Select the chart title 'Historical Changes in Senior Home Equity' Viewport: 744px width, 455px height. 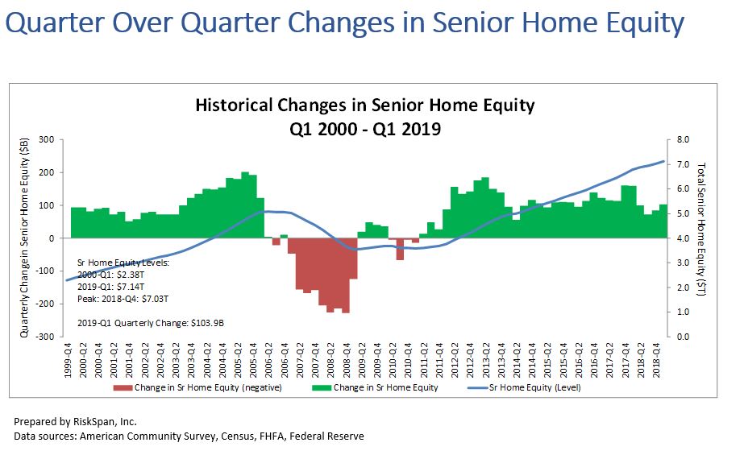click(365, 105)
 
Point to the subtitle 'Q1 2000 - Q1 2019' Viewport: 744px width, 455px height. click(365, 128)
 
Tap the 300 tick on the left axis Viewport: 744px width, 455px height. click(47, 139)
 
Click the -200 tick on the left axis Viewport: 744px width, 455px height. click(45, 304)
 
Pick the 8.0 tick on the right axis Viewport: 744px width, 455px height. click(683, 139)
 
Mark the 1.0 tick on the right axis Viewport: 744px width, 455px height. click(683, 312)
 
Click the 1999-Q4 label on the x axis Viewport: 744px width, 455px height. click(68, 361)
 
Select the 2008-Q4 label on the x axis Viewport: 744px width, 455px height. click(347, 361)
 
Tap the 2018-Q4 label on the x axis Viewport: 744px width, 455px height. click(656, 361)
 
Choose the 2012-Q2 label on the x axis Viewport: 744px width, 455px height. click(455, 361)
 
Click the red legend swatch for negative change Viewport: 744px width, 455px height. click(123, 388)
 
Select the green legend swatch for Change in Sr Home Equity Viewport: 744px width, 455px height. click(322, 388)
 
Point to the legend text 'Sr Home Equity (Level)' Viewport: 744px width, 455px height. click(535, 387)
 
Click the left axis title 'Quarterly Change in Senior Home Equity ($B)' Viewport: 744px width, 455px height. click(24, 238)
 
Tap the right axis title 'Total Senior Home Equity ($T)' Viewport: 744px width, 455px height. click(700, 229)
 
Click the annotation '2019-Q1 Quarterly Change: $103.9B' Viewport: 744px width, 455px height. click(151, 323)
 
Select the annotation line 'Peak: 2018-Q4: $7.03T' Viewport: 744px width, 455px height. click(123, 299)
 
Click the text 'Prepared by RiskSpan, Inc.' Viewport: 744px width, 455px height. click(75, 422)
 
